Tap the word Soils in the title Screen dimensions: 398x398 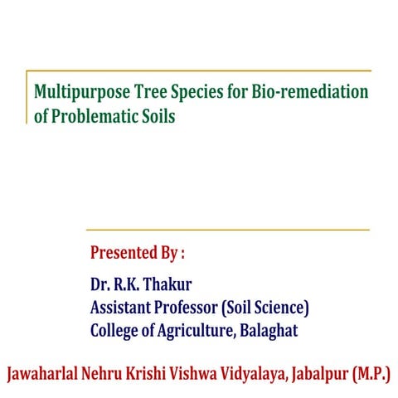(158, 117)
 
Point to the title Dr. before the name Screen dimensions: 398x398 (101, 284)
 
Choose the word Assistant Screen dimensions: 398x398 (121, 308)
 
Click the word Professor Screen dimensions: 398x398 (187, 308)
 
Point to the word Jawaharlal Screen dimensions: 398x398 (46, 373)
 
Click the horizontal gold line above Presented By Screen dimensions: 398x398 (228, 230)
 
